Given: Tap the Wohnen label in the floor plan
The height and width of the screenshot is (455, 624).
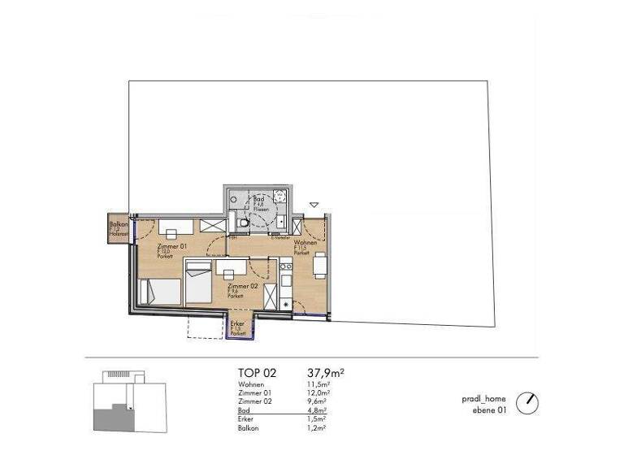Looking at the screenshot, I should [305, 243].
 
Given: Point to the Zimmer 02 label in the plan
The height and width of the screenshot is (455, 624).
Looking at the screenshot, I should [242, 288].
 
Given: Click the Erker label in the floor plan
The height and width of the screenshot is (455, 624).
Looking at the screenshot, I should [237, 323].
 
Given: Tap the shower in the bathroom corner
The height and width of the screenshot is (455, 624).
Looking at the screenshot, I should [281, 197].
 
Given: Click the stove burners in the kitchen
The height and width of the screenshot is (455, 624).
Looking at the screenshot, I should [285, 266].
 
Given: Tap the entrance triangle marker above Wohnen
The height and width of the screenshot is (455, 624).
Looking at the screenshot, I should [314, 205].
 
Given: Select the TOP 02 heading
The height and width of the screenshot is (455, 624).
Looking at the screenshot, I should [257, 373].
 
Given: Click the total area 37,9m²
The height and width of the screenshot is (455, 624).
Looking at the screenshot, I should [325, 373].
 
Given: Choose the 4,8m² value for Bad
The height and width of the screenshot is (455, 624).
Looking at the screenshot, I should [316, 410].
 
